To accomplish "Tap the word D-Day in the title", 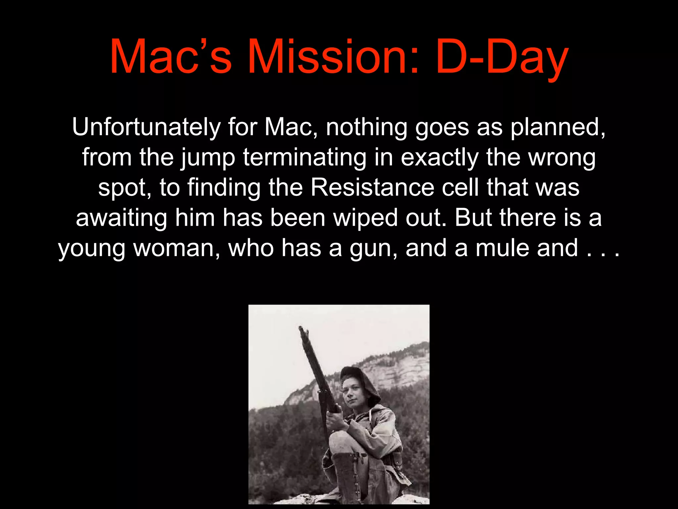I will pyautogui.click(x=502, y=57).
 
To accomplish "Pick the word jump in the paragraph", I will pyautogui.click(x=208, y=158).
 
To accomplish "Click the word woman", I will pyautogui.click(x=177, y=249).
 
